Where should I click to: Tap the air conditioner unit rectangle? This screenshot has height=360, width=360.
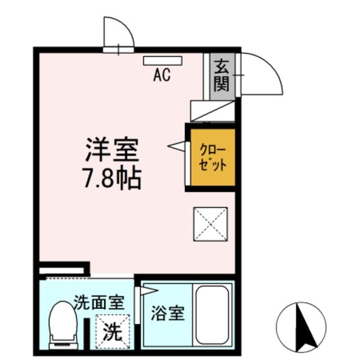(x=162, y=60)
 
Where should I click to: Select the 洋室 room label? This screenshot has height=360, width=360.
(x=112, y=151)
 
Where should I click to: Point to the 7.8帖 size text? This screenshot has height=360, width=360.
(x=112, y=179)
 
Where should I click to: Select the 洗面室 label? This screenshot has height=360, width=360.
(x=99, y=304)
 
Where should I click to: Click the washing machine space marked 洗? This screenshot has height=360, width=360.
(x=112, y=332)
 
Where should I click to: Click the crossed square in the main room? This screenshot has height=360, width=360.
(x=211, y=224)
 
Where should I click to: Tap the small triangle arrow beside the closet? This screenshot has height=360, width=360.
(x=177, y=147)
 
